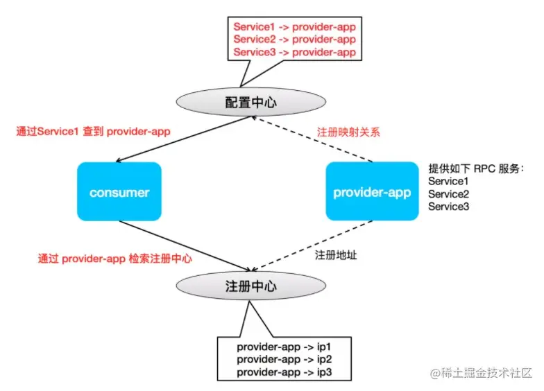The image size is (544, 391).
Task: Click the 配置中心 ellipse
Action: click(251, 102)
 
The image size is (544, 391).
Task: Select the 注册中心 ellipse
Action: click(251, 286)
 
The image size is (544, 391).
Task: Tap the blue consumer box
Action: click(119, 191)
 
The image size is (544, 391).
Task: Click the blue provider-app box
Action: click(372, 191)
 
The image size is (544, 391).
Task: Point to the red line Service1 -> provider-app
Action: click(294, 26)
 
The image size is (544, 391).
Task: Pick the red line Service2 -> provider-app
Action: click(294, 39)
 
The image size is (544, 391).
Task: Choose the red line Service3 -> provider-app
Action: click(294, 52)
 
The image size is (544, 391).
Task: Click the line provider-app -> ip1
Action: click(284, 347)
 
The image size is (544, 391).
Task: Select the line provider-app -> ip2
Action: click(284, 359)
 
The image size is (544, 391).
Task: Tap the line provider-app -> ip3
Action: click(284, 372)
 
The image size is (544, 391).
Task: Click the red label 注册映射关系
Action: click(348, 132)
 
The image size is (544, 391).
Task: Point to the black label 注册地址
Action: click(336, 255)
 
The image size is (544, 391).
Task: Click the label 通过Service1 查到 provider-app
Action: click(93, 132)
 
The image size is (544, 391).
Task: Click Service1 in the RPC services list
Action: click(448, 182)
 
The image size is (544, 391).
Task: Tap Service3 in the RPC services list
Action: click(448, 207)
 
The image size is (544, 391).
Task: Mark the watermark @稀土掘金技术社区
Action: click(481, 373)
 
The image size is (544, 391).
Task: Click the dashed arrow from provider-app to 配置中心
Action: click(312, 139)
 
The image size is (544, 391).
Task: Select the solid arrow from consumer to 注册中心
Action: click(185, 245)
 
